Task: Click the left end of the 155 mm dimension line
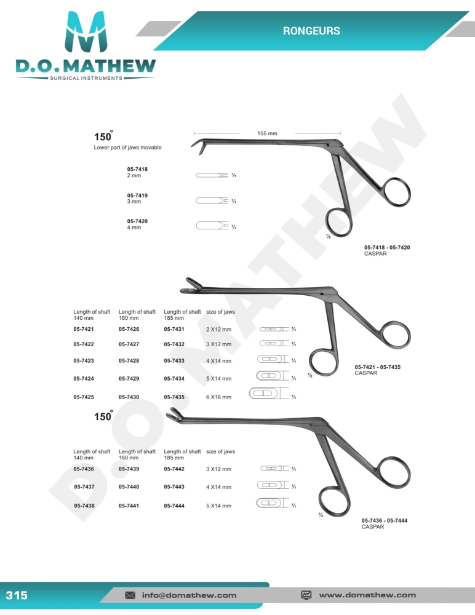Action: point(194,133)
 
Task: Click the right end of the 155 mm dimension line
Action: point(340,133)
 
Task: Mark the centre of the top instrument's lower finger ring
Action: point(339,223)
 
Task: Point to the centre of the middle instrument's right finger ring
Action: point(396,335)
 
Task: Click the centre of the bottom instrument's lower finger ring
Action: point(335,501)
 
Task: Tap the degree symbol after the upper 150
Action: point(111,131)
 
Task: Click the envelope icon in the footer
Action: point(130,595)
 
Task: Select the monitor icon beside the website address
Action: point(306,595)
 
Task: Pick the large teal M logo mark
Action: point(86,32)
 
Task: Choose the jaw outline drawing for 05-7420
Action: point(212,226)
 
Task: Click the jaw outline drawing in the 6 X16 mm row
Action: point(268,394)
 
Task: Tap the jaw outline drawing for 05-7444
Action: point(273,503)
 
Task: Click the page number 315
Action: point(17,595)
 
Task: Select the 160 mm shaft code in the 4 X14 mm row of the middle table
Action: point(129,361)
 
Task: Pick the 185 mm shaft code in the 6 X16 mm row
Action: point(174,397)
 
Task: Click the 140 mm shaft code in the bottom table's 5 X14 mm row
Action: point(84,506)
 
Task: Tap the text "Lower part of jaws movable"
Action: point(127,148)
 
